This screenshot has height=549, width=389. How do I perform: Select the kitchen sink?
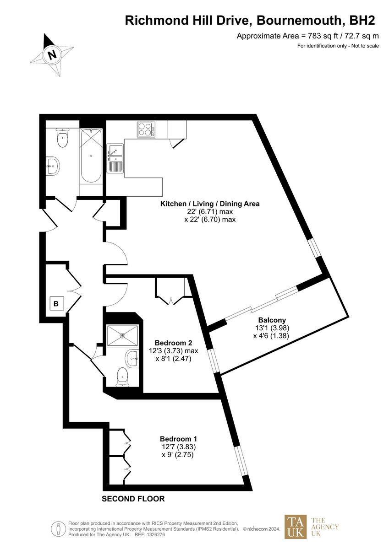[x=115, y=158]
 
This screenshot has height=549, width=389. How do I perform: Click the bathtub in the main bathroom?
[x=90, y=156]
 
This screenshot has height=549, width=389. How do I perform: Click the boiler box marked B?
[x=56, y=303]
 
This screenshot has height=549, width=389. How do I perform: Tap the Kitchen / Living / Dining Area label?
[x=209, y=204]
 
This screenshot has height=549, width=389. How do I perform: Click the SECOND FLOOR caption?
[x=133, y=499]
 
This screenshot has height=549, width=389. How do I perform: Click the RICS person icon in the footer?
[x=58, y=529]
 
